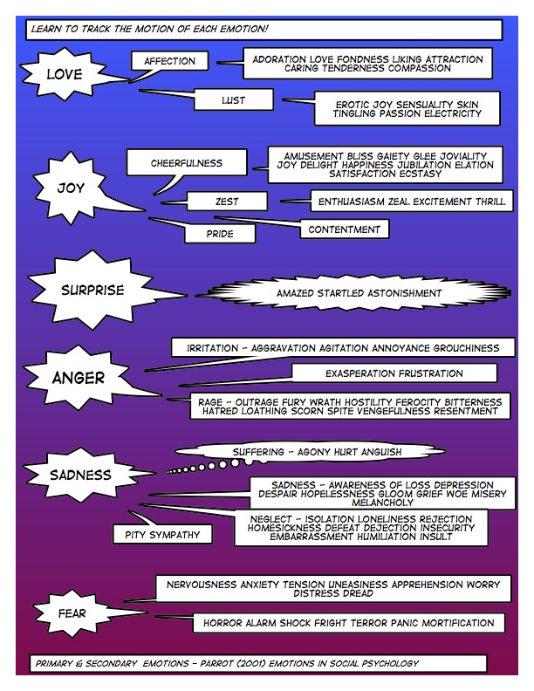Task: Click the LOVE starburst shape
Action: pyautogui.click(x=64, y=75)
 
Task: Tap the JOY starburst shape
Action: pyautogui.click(x=71, y=188)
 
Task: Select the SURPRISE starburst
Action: pyautogui.click(x=92, y=291)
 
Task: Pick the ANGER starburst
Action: pyautogui.click(x=79, y=379)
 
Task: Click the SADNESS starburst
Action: pyautogui.click(x=80, y=475)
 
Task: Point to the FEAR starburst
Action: pyautogui.click(x=72, y=614)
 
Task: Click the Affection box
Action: pyautogui.click(x=170, y=61)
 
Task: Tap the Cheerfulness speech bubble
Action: pyautogui.click(x=186, y=163)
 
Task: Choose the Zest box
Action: pyautogui.click(x=226, y=202)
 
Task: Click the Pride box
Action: pyautogui.click(x=220, y=234)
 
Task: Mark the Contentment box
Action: pyautogui.click(x=345, y=229)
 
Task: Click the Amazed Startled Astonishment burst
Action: pyautogui.click(x=359, y=294)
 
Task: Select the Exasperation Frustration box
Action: pyautogui.click(x=394, y=373)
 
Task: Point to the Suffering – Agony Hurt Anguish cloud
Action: pyautogui.click(x=317, y=452)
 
